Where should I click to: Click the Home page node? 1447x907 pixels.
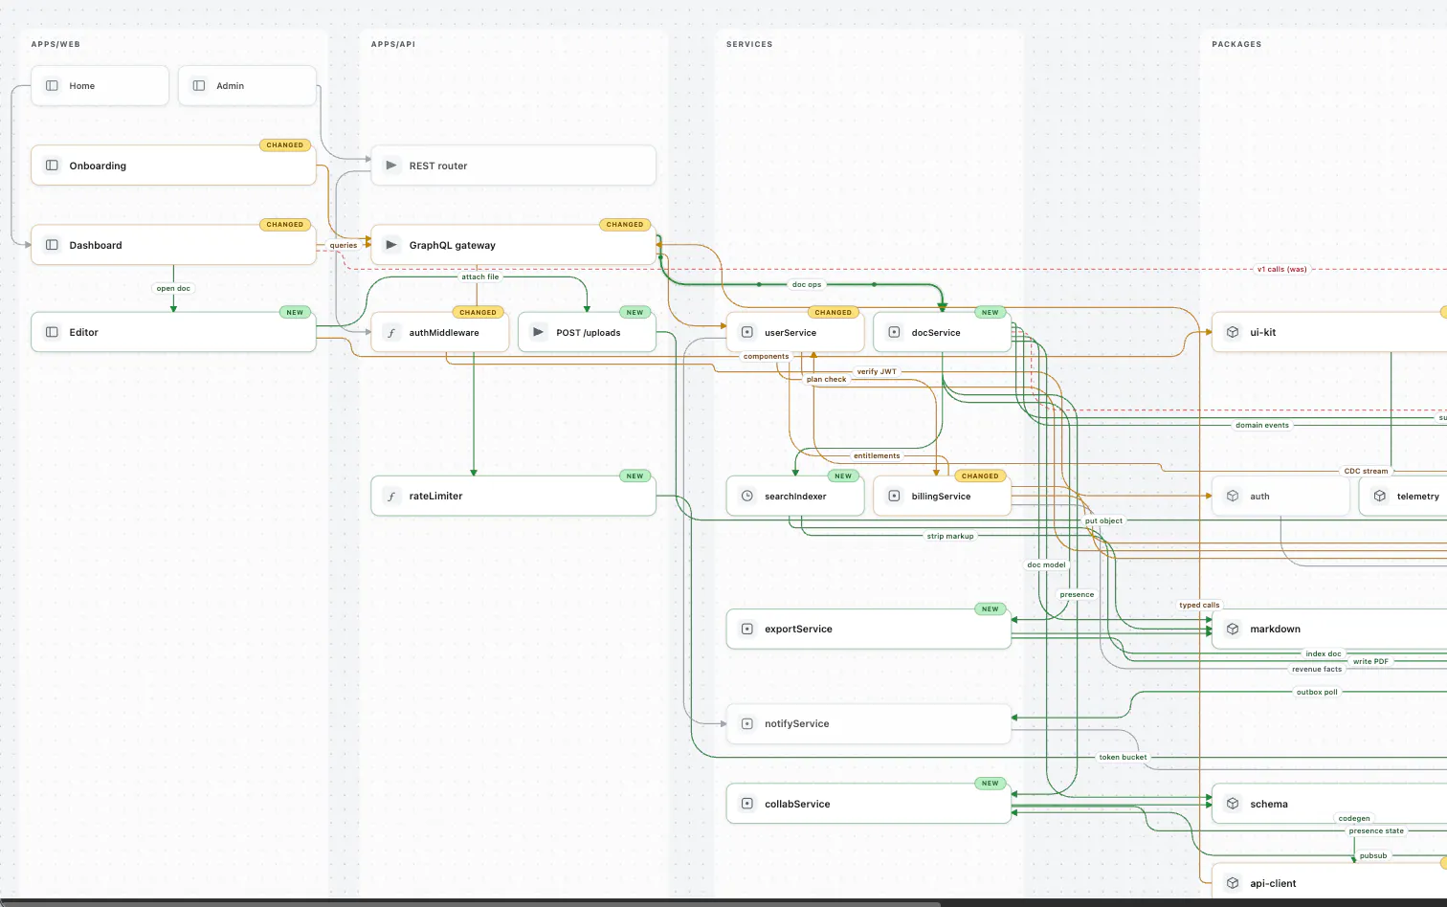tap(100, 85)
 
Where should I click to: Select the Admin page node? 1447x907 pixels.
tap(248, 85)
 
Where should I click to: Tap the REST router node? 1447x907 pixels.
tap(514, 166)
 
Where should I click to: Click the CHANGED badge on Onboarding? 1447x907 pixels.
tap(285, 144)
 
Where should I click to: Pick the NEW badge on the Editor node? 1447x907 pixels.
tap(295, 312)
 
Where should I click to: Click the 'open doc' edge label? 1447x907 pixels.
tap(173, 288)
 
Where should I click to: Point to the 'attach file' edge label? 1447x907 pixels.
tap(480, 277)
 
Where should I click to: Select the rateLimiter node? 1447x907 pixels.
tap(514, 497)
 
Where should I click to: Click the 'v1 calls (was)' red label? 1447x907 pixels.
tap(1281, 270)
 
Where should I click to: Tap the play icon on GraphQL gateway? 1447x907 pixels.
tap(390, 245)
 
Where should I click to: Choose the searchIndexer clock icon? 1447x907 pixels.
tap(747, 497)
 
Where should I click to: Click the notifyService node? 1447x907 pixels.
tap(869, 723)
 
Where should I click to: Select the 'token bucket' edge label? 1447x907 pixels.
tap(1123, 757)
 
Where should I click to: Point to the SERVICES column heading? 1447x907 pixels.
tap(749, 44)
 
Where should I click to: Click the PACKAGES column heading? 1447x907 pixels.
tap(1236, 44)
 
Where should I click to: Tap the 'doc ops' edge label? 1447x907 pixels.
tap(807, 284)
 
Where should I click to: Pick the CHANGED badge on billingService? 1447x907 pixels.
tap(980, 476)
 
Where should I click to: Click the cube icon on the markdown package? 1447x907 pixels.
tap(1233, 629)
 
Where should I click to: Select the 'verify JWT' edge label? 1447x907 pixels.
tap(877, 371)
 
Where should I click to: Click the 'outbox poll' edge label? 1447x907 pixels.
tap(1317, 692)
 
